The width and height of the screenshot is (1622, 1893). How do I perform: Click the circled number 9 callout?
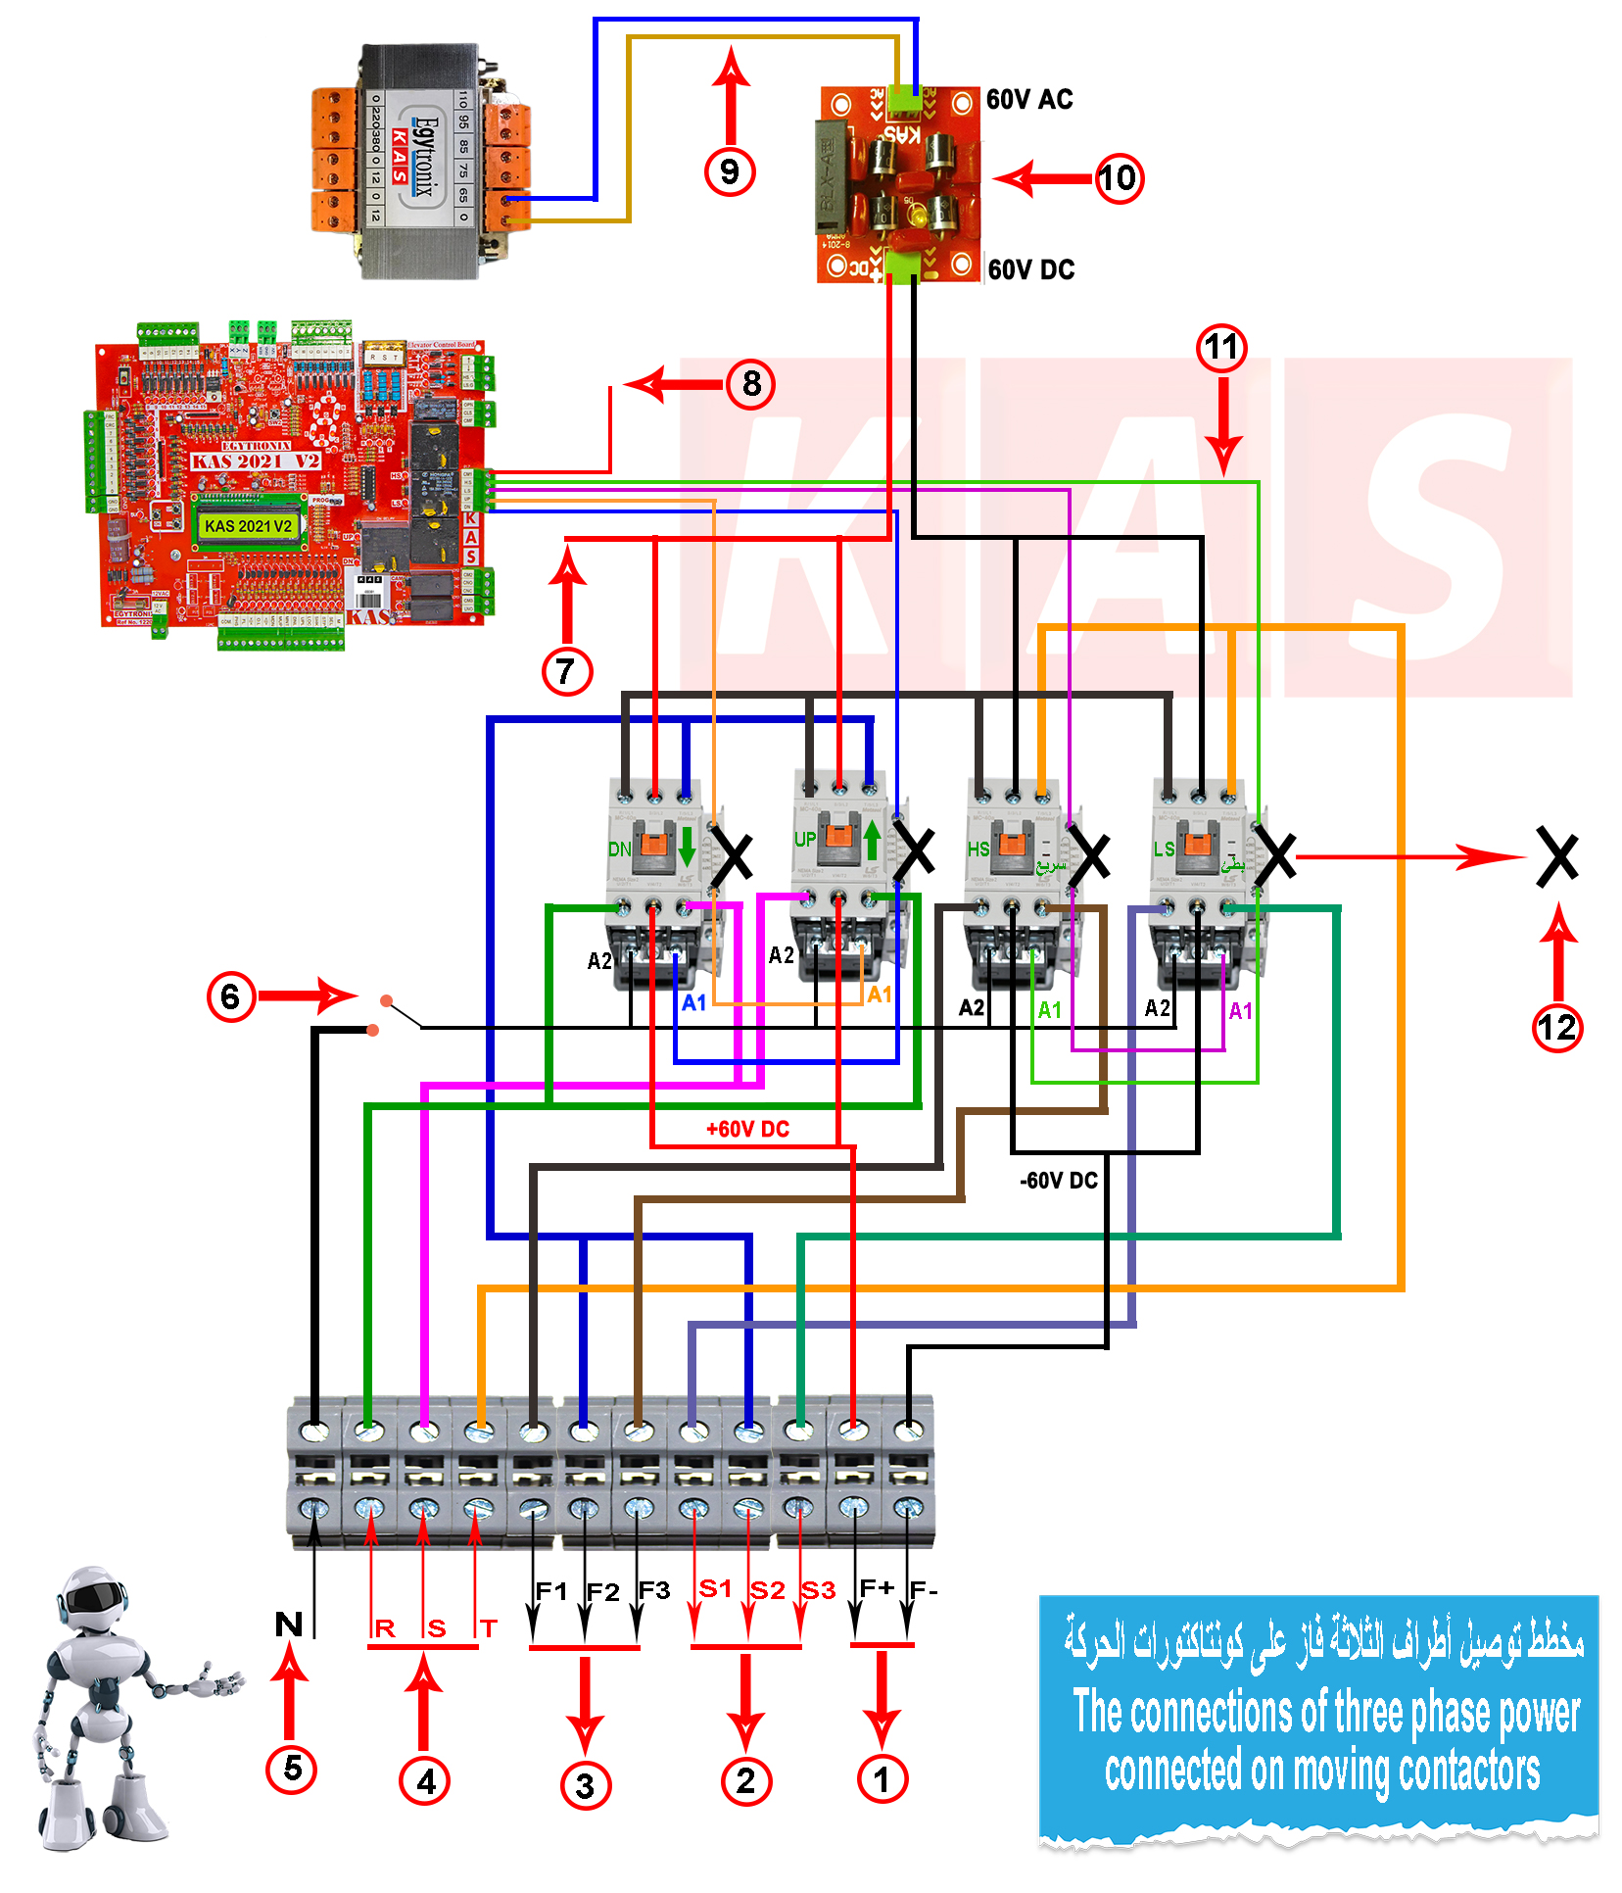click(x=730, y=171)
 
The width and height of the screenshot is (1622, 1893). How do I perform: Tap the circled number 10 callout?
click(x=1118, y=178)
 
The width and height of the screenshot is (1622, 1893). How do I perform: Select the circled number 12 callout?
click(x=1556, y=1028)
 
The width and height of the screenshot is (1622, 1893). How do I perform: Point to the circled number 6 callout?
click(x=230, y=996)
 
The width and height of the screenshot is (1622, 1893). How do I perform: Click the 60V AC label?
click(x=1028, y=100)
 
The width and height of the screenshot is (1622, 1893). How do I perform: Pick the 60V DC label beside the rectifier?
click(x=1030, y=269)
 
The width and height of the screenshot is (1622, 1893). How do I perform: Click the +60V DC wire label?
click(x=747, y=1129)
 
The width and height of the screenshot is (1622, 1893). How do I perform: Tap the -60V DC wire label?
click(x=1058, y=1180)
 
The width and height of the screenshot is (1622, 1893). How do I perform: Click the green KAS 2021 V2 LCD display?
click(x=248, y=526)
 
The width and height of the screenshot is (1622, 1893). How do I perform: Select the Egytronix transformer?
click(x=421, y=162)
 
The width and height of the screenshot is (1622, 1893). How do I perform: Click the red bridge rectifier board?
click(x=898, y=184)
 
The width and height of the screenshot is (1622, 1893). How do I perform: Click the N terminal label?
click(x=289, y=1625)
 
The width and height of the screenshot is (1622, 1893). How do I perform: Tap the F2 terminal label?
click(x=602, y=1592)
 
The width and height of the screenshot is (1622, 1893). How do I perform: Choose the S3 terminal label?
click(x=819, y=1590)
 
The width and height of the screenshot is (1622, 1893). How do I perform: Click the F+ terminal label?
click(x=877, y=1587)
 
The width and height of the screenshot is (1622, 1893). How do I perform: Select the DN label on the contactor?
click(x=619, y=849)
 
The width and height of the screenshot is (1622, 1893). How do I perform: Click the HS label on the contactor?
click(x=978, y=849)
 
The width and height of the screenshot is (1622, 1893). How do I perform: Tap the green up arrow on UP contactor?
click(x=872, y=840)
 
